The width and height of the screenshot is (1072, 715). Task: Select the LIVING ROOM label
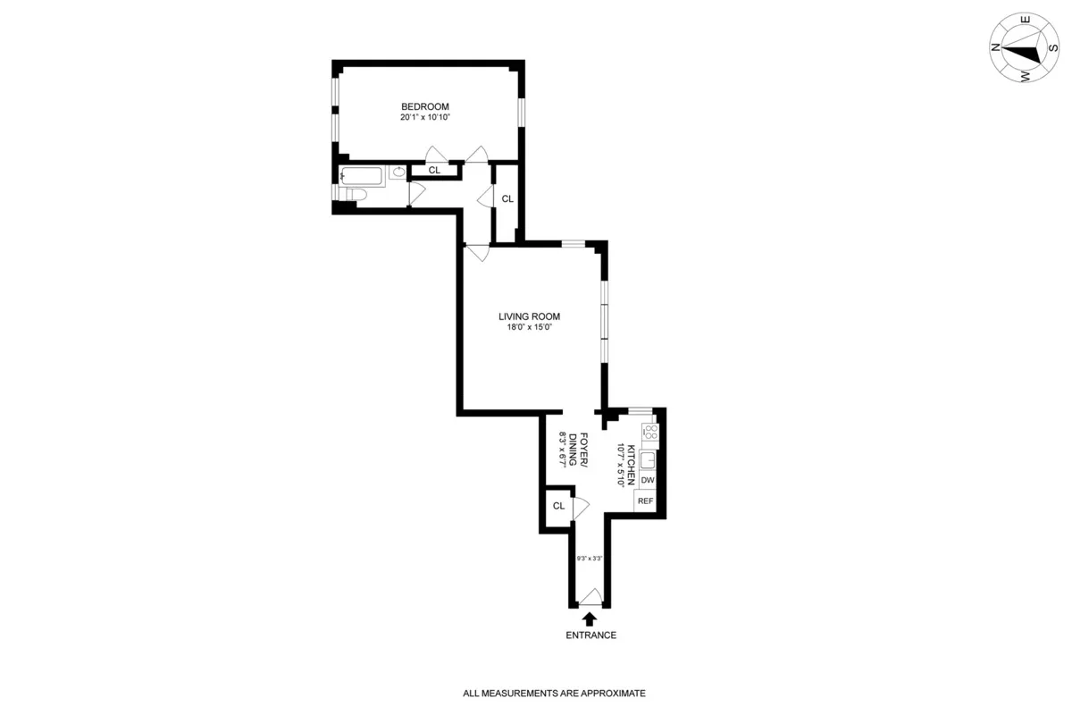(x=529, y=315)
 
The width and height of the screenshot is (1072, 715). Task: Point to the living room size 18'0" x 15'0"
(x=529, y=327)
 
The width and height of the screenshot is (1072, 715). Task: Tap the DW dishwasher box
(x=649, y=480)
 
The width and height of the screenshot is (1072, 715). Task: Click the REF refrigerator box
(x=645, y=501)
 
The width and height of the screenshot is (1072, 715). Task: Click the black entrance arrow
(x=590, y=618)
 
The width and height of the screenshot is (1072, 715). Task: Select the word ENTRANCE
(x=590, y=635)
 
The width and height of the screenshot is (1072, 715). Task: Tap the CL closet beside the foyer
(x=558, y=506)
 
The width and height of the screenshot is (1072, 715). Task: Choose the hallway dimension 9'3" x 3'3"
(x=590, y=559)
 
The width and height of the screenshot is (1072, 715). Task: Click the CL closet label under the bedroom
(x=434, y=170)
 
